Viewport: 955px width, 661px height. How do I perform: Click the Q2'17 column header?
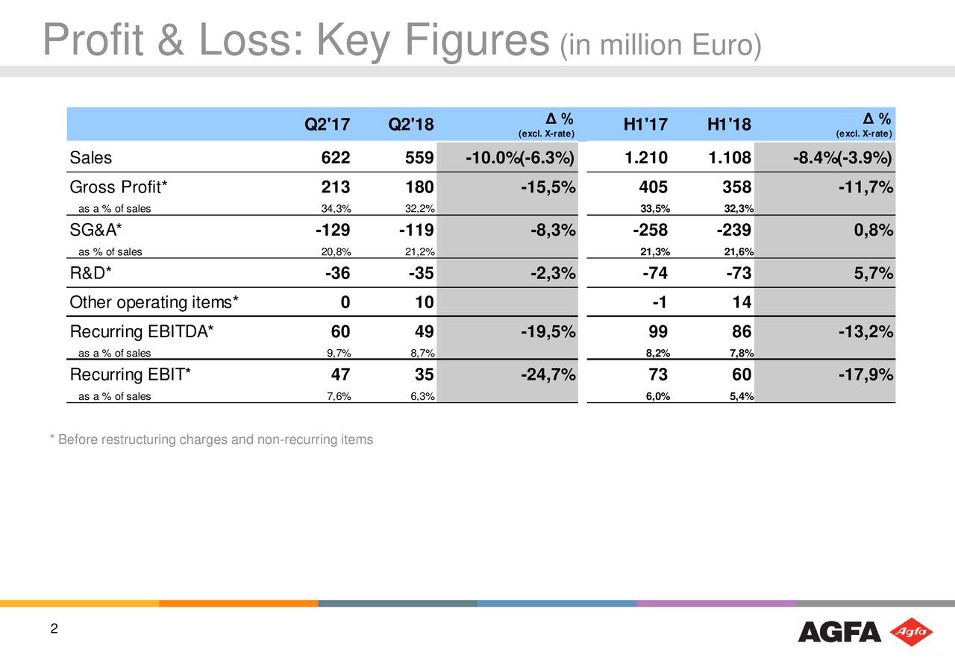click(328, 125)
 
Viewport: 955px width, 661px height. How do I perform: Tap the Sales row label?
click(91, 158)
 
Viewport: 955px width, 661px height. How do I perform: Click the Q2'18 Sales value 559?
click(411, 158)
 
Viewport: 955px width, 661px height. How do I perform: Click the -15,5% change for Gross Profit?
click(548, 187)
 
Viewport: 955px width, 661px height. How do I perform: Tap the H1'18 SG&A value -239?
click(732, 230)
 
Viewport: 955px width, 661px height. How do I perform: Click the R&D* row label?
click(91, 273)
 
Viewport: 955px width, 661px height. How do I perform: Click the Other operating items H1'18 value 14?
click(742, 302)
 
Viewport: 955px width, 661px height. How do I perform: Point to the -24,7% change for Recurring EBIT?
click(548, 374)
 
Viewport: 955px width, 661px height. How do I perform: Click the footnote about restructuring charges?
click(210, 440)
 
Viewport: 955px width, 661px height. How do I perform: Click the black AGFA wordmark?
click(839, 632)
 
